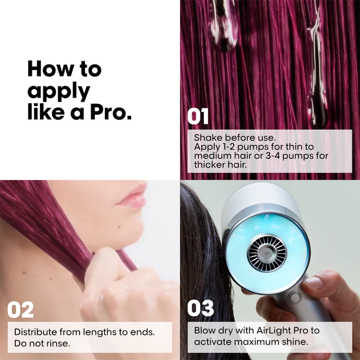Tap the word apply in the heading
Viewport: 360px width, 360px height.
click(59, 91)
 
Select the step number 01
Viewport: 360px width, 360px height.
click(198, 117)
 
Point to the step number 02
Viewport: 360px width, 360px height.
click(20, 310)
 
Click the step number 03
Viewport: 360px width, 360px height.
click(200, 308)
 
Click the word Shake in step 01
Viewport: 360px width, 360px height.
click(208, 138)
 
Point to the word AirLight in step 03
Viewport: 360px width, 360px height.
click(271, 331)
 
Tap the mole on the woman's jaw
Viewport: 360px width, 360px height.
click(120, 227)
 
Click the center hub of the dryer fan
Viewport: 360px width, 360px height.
click(266, 253)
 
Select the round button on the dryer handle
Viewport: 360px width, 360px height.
click(295, 298)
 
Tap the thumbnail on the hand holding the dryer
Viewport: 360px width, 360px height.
click(314, 283)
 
